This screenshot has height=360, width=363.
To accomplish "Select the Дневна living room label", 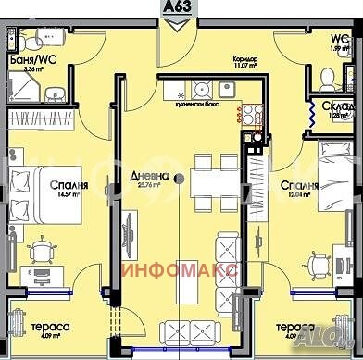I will click(145, 175).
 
